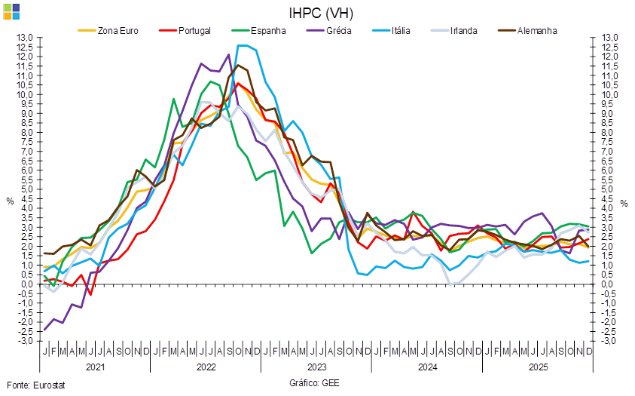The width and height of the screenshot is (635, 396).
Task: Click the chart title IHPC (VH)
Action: click(x=321, y=13)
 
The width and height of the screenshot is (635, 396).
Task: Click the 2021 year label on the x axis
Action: click(x=95, y=367)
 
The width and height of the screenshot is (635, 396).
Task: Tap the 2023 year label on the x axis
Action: click(x=316, y=367)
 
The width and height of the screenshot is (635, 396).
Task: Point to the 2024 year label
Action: click(x=427, y=367)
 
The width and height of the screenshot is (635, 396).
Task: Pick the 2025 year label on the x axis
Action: click(x=538, y=367)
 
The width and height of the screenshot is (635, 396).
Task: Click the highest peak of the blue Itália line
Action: click(x=240, y=45)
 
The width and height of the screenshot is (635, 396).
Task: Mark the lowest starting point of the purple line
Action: click(x=46, y=330)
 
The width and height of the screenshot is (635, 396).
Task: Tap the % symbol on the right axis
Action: click(x=624, y=202)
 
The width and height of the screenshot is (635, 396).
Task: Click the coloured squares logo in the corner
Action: click(x=11, y=11)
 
